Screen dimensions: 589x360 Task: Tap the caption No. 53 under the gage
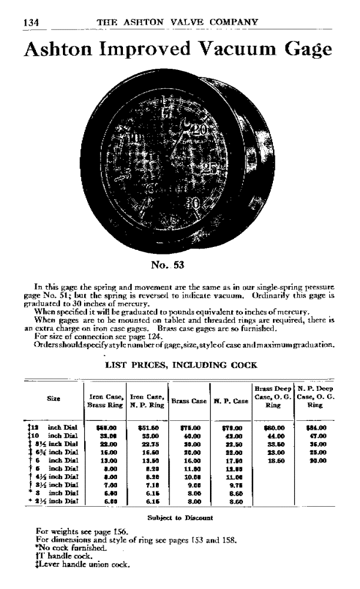(168, 265)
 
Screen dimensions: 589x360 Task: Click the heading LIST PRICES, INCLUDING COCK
(181, 365)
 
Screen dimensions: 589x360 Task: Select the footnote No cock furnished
(74, 550)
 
